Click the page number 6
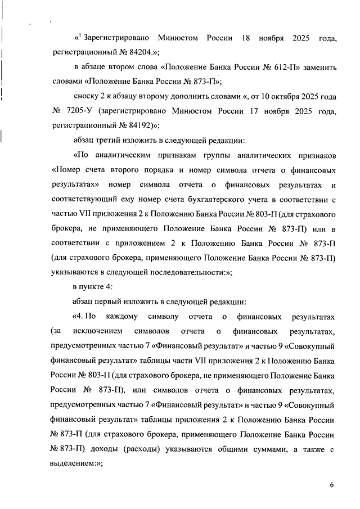(332, 485)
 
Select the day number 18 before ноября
(245, 38)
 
